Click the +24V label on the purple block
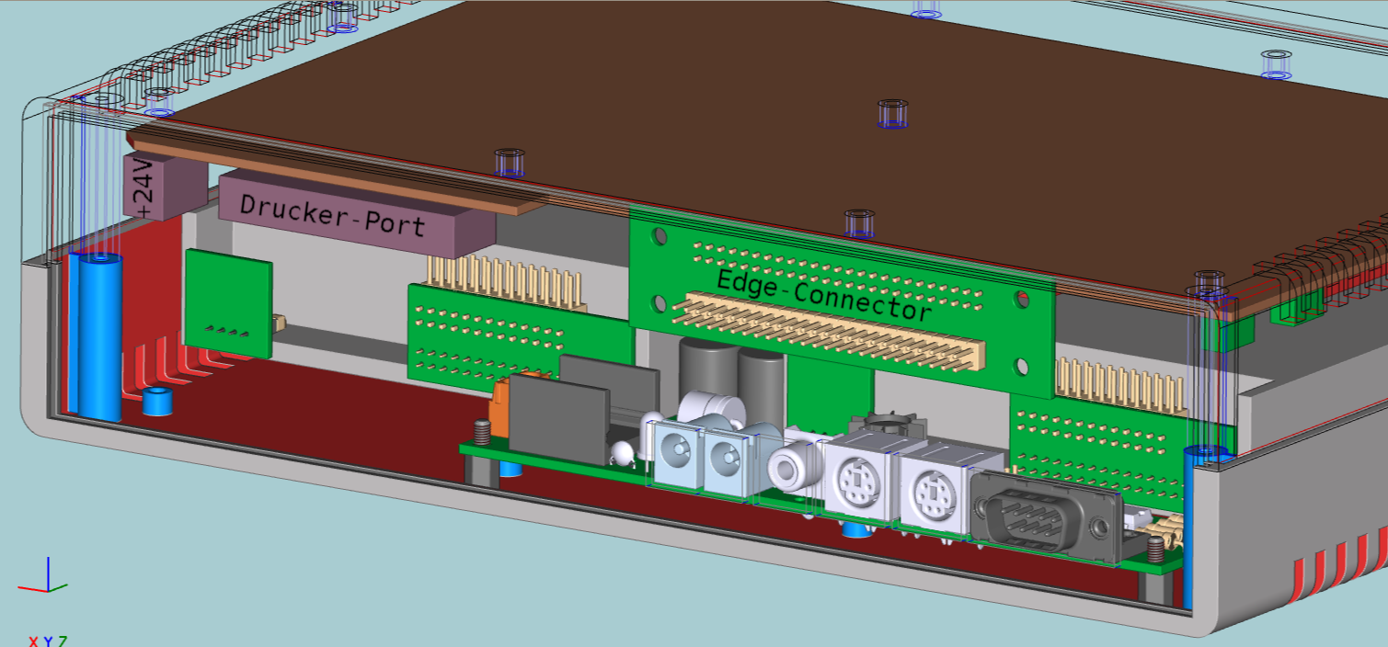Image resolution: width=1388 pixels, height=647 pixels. [x=143, y=188]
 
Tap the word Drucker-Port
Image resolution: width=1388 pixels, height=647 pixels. [x=332, y=215]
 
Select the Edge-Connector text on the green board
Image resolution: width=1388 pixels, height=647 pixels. [x=824, y=296]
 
